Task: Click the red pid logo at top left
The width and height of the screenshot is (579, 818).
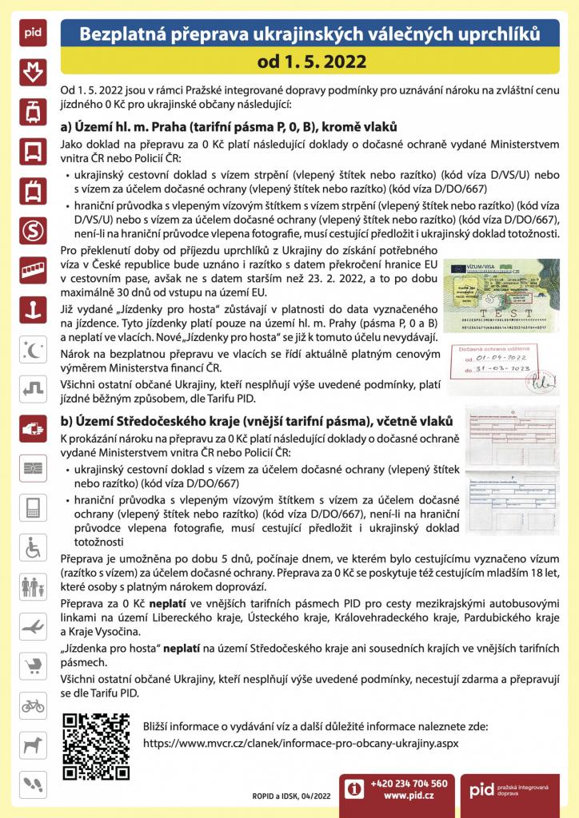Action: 32,34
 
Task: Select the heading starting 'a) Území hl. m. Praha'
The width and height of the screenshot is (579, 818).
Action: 228,128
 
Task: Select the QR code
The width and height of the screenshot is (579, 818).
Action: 95,745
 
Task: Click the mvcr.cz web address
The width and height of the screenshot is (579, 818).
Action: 300,742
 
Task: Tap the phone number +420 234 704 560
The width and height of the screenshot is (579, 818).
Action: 409,783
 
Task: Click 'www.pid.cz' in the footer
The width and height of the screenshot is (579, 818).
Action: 409,796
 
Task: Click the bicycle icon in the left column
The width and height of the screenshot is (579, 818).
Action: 33,705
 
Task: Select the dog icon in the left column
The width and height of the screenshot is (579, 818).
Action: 33,744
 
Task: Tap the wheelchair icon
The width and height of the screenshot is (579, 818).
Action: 33,547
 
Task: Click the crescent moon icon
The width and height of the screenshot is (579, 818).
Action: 33,349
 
